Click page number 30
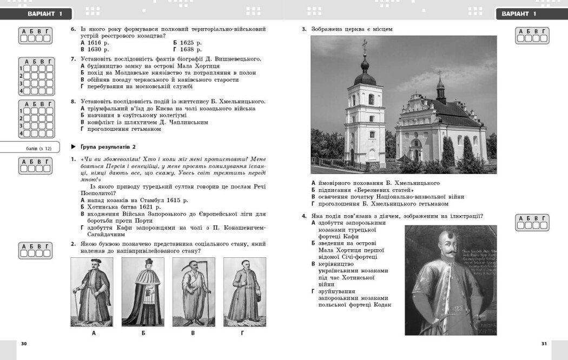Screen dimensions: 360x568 (x=23, y=343)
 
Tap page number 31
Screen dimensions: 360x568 (x=544, y=343)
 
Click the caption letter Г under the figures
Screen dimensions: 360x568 (x=242, y=333)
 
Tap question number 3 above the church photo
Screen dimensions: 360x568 (x=304, y=29)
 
